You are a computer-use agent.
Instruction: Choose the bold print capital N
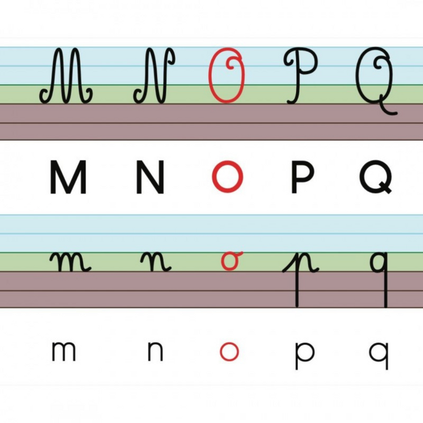[x=150, y=177]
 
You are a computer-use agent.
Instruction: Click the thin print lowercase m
[x=63, y=351]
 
